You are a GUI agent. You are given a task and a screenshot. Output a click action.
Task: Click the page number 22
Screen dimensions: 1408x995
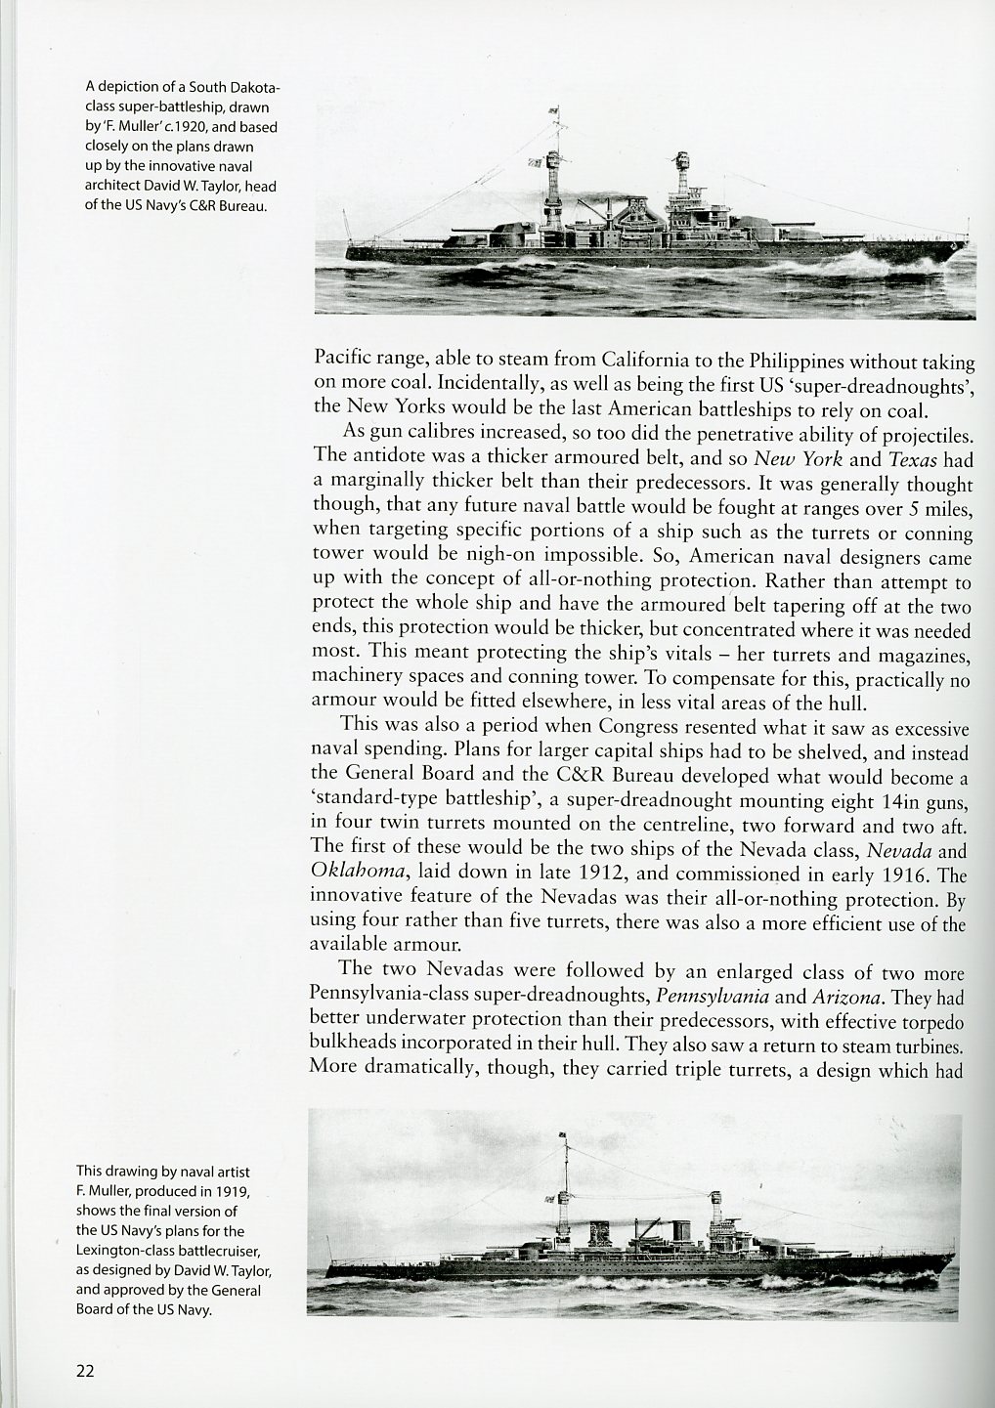(85, 1370)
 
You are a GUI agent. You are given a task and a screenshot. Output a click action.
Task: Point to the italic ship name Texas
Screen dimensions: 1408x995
(912, 459)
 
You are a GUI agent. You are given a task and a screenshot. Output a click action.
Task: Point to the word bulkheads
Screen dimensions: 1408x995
(354, 1045)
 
